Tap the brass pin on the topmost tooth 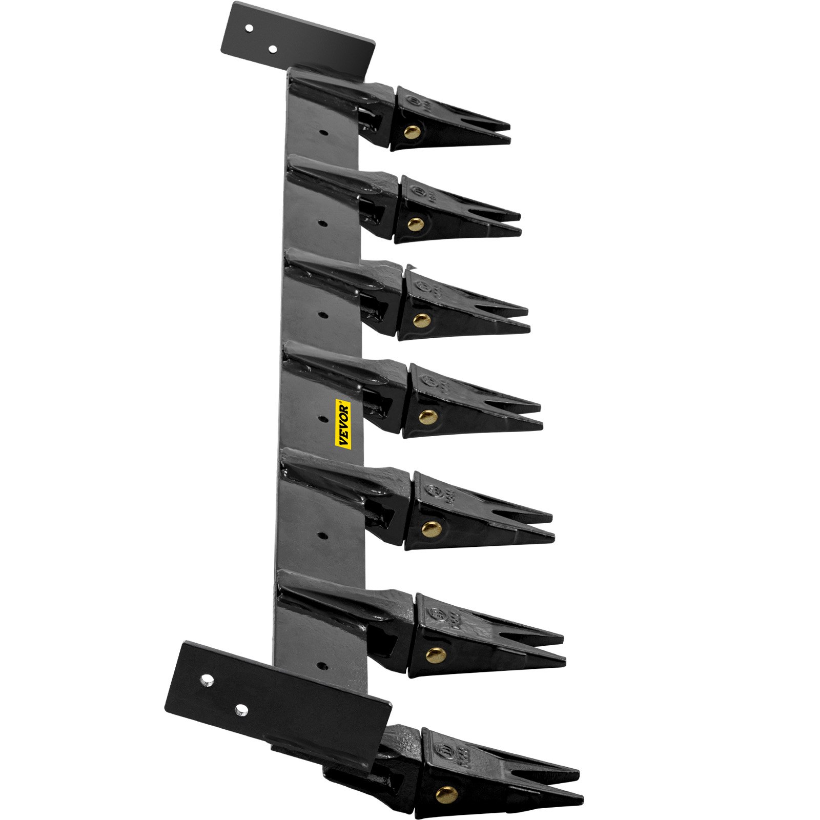click(x=411, y=133)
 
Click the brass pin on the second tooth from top click(x=416, y=223)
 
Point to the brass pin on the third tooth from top click(x=421, y=320)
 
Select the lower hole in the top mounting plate click(x=273, y=49)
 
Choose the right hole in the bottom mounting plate click(x=241, y=710)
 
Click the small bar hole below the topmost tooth click(x=323, y=132)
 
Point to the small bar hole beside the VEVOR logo click(x=323, y=419)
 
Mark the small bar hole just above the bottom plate click(x=322, y=666)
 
